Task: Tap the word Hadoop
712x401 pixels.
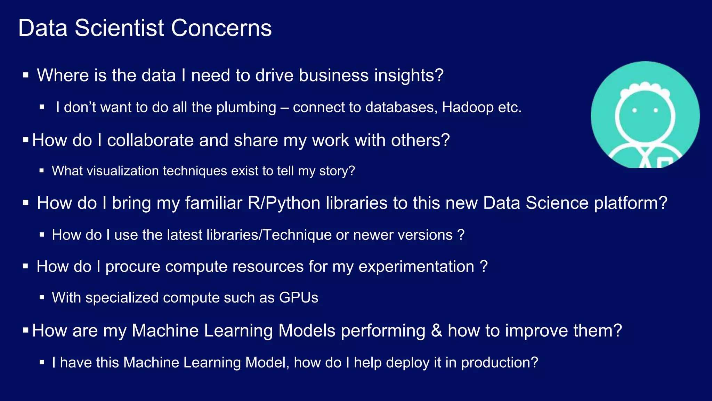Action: click(x=468, y=107)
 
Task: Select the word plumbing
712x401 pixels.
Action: click(x=246, y=107)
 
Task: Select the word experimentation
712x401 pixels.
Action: click(x=416, y=267)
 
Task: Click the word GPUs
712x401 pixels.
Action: click(x=298, y=298)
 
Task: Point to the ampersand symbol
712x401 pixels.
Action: click(x=436, y=330)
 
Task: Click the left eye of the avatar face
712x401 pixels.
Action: click(x=634, y=110)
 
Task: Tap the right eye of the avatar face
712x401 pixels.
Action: click(x=656, y=110)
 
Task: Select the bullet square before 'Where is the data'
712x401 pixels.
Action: click(x=25, y=74)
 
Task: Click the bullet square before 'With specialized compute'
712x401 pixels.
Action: click(x=42, y=297)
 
